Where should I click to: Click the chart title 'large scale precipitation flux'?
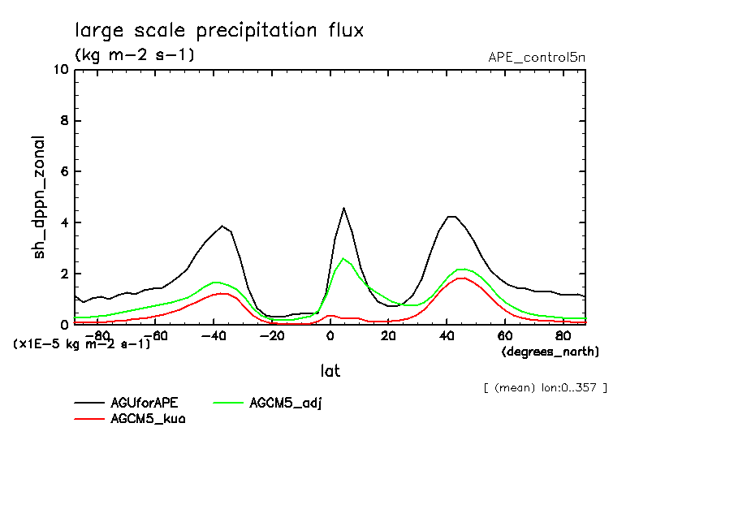click(219, 31)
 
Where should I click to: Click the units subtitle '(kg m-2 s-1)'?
click(134, 55)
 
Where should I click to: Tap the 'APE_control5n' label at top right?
click(536, 58)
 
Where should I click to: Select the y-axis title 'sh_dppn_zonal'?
click(40, 197)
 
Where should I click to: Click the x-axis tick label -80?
click(97, 335)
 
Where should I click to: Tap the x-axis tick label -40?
click(214, 335)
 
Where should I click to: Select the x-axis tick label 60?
click(504, 335)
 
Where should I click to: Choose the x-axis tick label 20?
click(388, 335)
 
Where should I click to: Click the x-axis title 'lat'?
click(330, 371)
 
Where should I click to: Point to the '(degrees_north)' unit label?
click(550, 352)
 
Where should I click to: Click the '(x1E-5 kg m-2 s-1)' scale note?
click(82, 343)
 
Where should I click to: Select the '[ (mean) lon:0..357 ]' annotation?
click(544, 387)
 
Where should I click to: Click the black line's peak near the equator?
click(344, 208)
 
